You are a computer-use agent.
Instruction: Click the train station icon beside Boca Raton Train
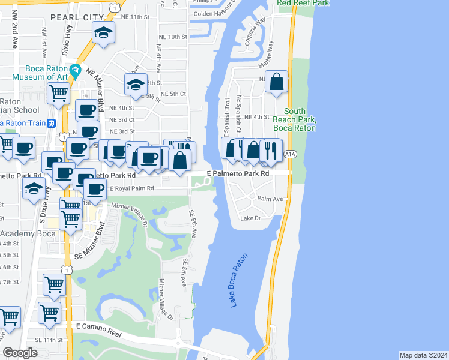click(x=52, y=123)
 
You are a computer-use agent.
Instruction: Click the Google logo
click(x=20, y=353)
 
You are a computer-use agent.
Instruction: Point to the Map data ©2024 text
click(x=423, y=355)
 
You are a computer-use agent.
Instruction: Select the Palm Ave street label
click(x=270, y=199)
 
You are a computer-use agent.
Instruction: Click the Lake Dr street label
click(x=250, y=218)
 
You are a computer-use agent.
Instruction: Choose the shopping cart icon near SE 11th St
click(x=49, y=312)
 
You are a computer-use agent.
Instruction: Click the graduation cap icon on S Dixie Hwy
click(x=34, y=188)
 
